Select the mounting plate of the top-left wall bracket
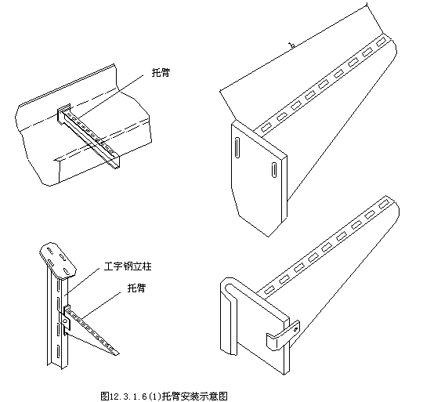pyautogui.click(x=63, y=114)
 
